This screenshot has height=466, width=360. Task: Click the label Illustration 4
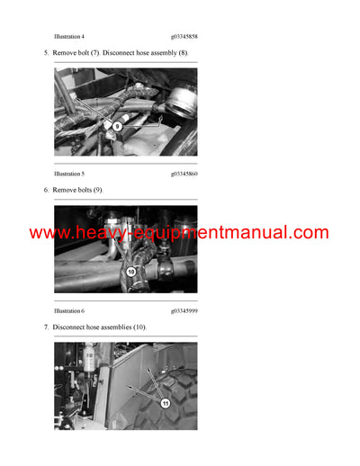point(69,35)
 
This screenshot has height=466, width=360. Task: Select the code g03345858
point(184,35)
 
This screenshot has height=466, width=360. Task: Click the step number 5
point(46,54)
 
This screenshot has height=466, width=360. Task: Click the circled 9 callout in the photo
point(117,127)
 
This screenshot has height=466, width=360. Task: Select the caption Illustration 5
point(69,173)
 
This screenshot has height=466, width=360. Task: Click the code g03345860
point(184,173)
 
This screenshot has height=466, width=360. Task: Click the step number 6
point(46,191)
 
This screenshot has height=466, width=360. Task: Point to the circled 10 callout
point(130,270)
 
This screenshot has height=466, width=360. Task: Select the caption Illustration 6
point(69,310)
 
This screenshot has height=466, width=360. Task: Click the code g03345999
point(184,310)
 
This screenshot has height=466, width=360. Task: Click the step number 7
point(46,328)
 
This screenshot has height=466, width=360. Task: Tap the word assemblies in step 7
point(127,328)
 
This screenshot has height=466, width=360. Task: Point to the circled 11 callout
point(166,404)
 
